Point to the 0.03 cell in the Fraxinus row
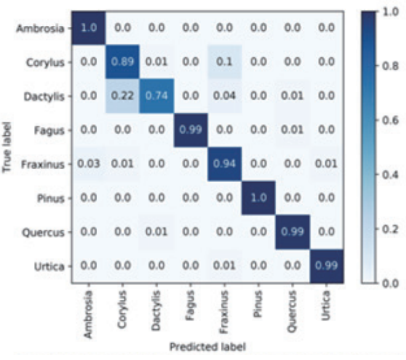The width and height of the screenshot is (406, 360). click(87, 164)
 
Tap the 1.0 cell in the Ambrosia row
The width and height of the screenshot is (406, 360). click(87, 28)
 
